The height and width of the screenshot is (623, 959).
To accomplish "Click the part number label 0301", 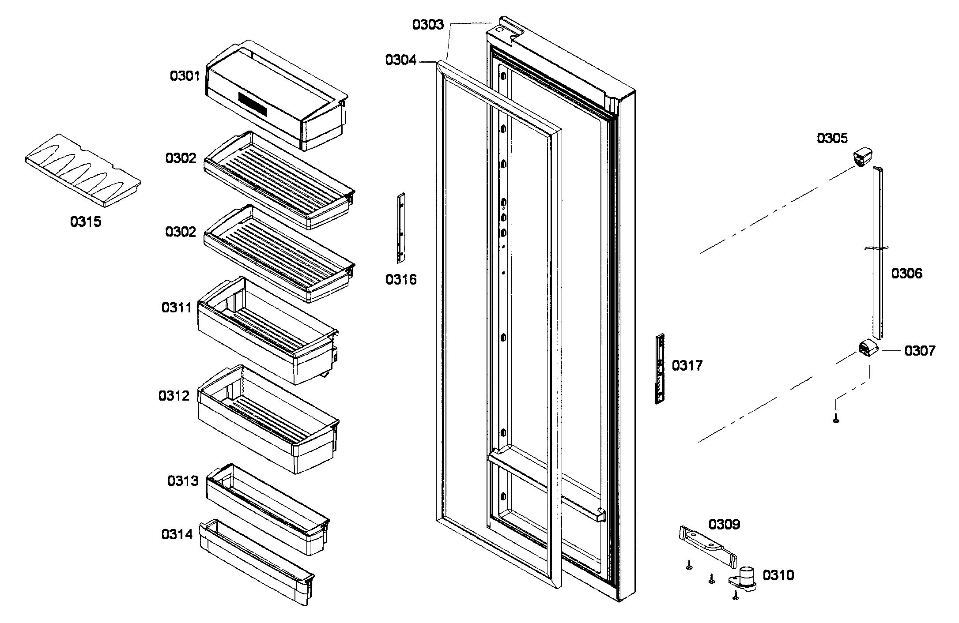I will pos(185,76).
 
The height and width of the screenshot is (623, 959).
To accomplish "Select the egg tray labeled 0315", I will pos(83,170).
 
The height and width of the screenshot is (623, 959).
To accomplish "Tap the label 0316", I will pos(401,279).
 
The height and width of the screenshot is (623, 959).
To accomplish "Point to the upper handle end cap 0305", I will pos(861,158).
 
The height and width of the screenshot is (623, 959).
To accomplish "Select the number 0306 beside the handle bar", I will pos(906,274).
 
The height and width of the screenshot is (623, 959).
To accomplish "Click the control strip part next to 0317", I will pos(660,369).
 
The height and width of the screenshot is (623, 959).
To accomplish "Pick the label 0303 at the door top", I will pos(427,24).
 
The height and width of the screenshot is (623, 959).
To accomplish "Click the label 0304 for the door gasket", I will pos(400,60).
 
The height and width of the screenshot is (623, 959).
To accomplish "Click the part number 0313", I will pos(183,481).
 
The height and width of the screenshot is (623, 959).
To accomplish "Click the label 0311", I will pos(177,308).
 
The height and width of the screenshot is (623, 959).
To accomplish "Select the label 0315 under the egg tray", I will pos(86,221).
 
